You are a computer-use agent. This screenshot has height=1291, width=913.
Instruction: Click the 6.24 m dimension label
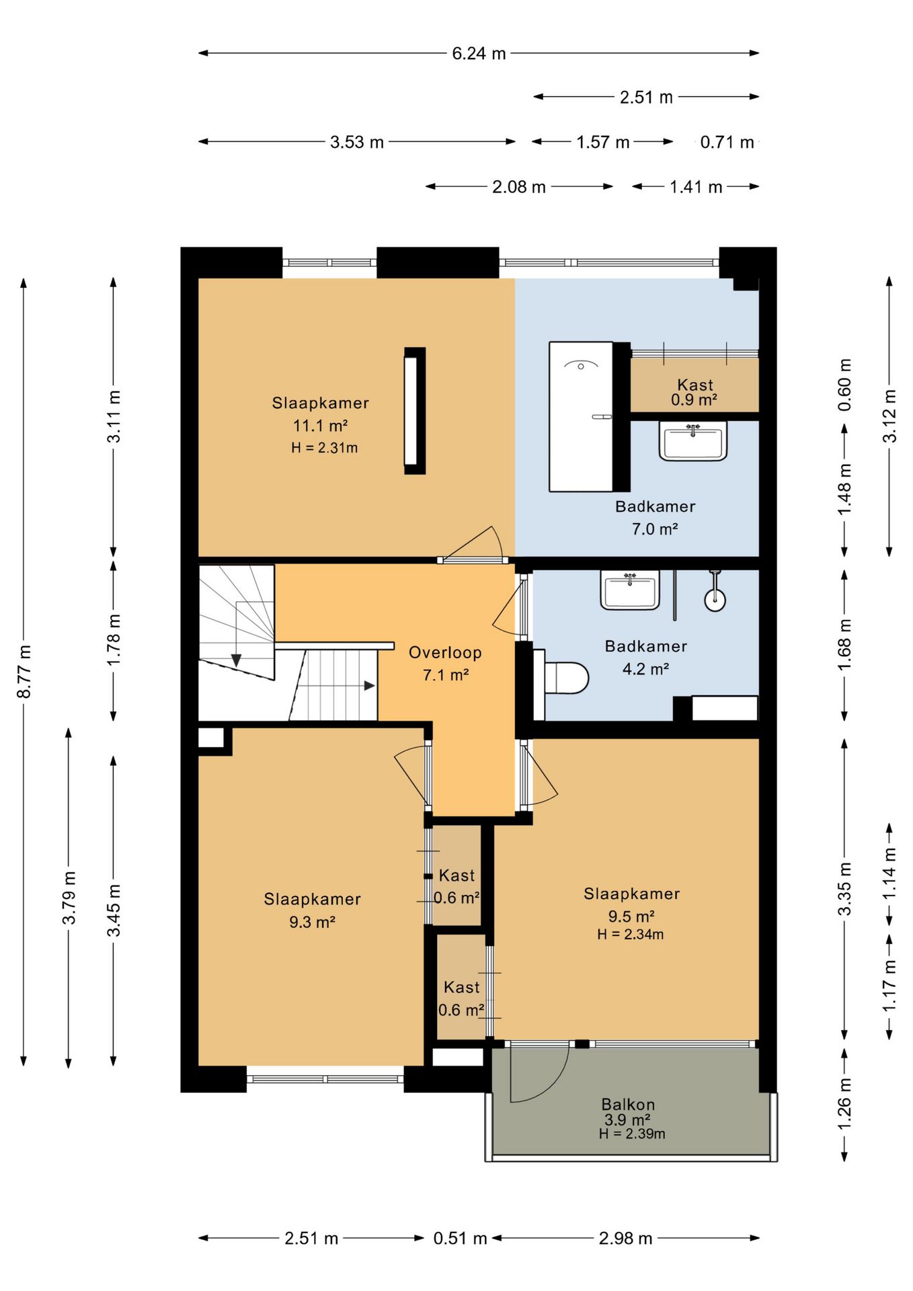[479, 53]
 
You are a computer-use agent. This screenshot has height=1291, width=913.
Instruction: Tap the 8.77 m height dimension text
[24, 671]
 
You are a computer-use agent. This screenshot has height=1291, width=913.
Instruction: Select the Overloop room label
[445, 652]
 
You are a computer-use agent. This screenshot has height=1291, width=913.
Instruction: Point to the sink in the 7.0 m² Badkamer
[693, 442]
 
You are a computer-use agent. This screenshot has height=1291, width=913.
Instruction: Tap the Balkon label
[628, 1104]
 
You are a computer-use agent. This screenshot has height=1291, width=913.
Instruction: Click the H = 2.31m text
[324, 448]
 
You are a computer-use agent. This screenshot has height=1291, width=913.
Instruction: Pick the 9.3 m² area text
[312, 922]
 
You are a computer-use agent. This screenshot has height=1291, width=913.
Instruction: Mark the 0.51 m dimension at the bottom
[460, 1238]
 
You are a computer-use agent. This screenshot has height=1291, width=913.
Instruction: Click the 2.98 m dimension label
[625, 1238]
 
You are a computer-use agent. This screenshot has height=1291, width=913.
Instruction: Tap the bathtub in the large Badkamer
[582, 417]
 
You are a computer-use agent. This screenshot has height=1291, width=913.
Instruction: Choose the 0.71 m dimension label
[727, 142]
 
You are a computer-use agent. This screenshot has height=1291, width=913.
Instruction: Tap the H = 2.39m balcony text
[632, 1134]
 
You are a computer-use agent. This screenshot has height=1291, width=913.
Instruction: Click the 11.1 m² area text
[320, 426]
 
